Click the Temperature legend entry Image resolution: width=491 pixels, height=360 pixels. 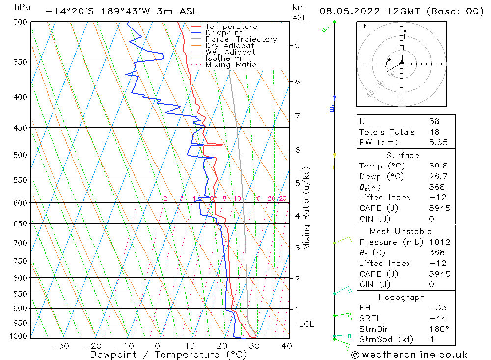pos(231,27)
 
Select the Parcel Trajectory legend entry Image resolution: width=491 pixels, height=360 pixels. pos(241,39)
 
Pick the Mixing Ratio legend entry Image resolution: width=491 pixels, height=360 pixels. pos(231,64)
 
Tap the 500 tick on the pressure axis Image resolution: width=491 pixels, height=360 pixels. pos(20,155)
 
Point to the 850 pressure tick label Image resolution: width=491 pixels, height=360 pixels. pos(20,294)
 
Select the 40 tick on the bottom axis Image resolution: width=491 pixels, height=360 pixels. pos(286,346)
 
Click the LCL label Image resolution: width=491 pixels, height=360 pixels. pos(306,324)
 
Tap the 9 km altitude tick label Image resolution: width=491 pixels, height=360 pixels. pos(297,45)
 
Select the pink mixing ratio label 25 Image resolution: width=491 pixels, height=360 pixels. pos(283,198)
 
